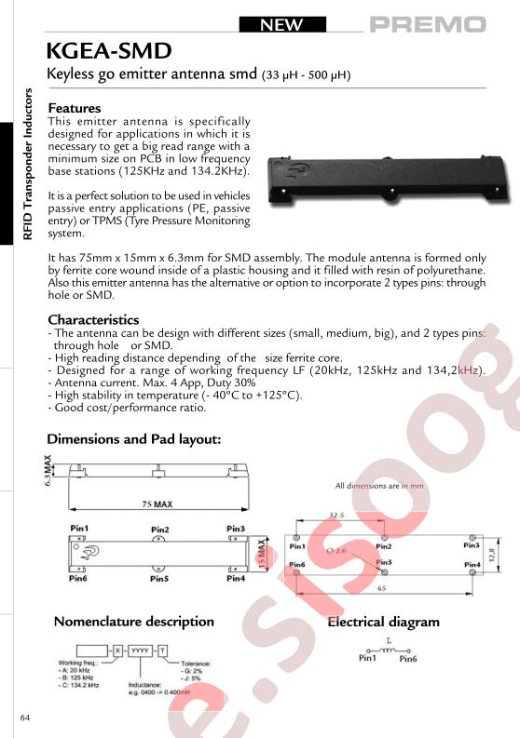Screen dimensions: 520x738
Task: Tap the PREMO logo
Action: pyautogui.click(x=427, y=25)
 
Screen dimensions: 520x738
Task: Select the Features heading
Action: pyautogui.click(x=74, y=108)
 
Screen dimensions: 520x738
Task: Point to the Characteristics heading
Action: pyautogui.click(x=93, y=320)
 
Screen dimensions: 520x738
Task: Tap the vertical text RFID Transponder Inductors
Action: pyautogui.click(x=27, y=164)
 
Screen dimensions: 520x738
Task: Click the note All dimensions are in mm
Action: pyautogui.click(x=379, y=486)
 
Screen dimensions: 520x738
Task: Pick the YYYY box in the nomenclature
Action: pyautogui.click(x=140, y=649)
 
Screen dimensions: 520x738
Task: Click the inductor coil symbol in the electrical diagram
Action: pyautogui.click(x=391, y=649)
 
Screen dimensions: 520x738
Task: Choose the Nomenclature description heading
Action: pyautogui.click(x=133, y=622)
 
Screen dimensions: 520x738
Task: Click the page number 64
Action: pyautogui.click(x=25, y=718)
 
